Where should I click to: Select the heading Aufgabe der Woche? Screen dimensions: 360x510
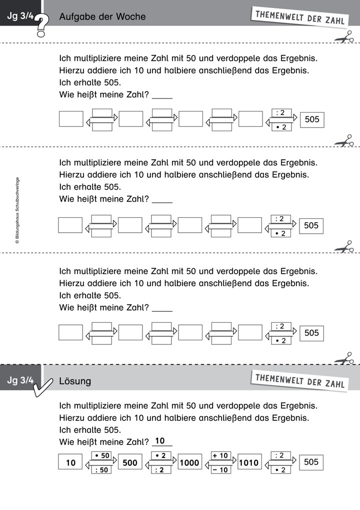[x=102, y=17]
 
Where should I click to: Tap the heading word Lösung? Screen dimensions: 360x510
[x=75, y=381]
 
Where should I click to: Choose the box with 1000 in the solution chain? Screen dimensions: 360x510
[x=189, y=462]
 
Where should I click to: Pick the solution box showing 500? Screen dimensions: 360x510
[x=130, y=462]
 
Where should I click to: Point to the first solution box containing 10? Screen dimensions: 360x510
[x=70, y=462]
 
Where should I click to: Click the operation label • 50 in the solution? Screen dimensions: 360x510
[x=101, y=455]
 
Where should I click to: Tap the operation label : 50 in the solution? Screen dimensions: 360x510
[x=101, y=469]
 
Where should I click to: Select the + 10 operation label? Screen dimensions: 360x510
[x=220, y=455]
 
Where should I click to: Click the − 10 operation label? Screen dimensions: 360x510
[x=220, y=469]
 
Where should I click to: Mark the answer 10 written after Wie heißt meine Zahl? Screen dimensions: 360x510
[x=160, y=441]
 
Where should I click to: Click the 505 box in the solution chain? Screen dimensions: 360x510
[x=311, y=462]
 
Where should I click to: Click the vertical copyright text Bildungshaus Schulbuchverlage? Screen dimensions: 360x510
[x=17, y=210]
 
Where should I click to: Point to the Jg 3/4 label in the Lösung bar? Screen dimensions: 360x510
[x=20, y=380]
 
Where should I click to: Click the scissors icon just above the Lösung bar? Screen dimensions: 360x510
[x=344, y=358]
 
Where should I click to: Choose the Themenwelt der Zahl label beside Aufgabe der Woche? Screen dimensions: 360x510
[x=299, y=17]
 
